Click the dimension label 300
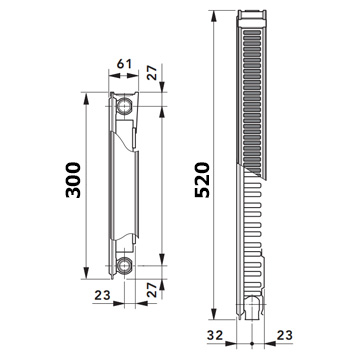coord(73,180)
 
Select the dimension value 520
coord(202,180)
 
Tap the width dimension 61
coord(124,64)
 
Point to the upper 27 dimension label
coord(152,73)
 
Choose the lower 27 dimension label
coord(152,290)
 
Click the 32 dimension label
coord(215,335)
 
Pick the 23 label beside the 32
coord(285,335)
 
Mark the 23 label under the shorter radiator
coord(102,295)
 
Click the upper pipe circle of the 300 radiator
coord(124,106)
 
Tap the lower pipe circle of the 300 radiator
coord(124,265)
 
